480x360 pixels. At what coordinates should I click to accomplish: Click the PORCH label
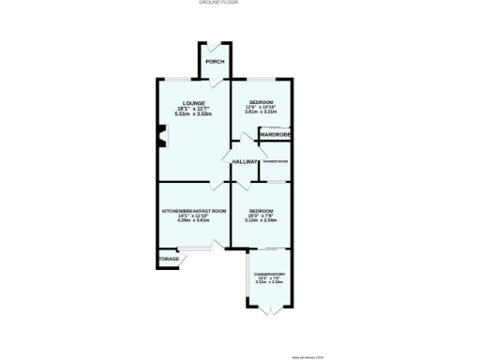tap(215, 62)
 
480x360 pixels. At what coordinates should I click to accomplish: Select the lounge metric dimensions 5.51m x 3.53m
tap(194, 113)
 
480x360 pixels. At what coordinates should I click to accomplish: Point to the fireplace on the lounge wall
tap(161, 142)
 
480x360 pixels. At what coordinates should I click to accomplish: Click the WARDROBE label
tap(276, 135)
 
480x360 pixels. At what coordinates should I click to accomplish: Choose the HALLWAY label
tap(245, 161)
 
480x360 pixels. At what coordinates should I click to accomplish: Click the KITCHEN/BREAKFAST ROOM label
tap(194, 211)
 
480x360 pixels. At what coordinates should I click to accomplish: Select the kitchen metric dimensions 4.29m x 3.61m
tap(194, 221)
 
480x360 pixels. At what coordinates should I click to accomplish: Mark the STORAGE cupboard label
tap(168, 259)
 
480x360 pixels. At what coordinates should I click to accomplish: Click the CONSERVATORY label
tap(269, 274)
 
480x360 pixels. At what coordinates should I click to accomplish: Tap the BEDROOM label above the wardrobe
tap(261, 101)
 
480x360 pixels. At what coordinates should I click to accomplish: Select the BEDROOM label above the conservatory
tap(260, 210)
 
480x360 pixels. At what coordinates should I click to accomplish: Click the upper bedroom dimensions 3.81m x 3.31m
tap(261, 112)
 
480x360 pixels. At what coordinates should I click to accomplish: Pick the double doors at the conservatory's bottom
tap(269, 307)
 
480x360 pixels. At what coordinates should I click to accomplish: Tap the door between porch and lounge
tap(217, 82)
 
